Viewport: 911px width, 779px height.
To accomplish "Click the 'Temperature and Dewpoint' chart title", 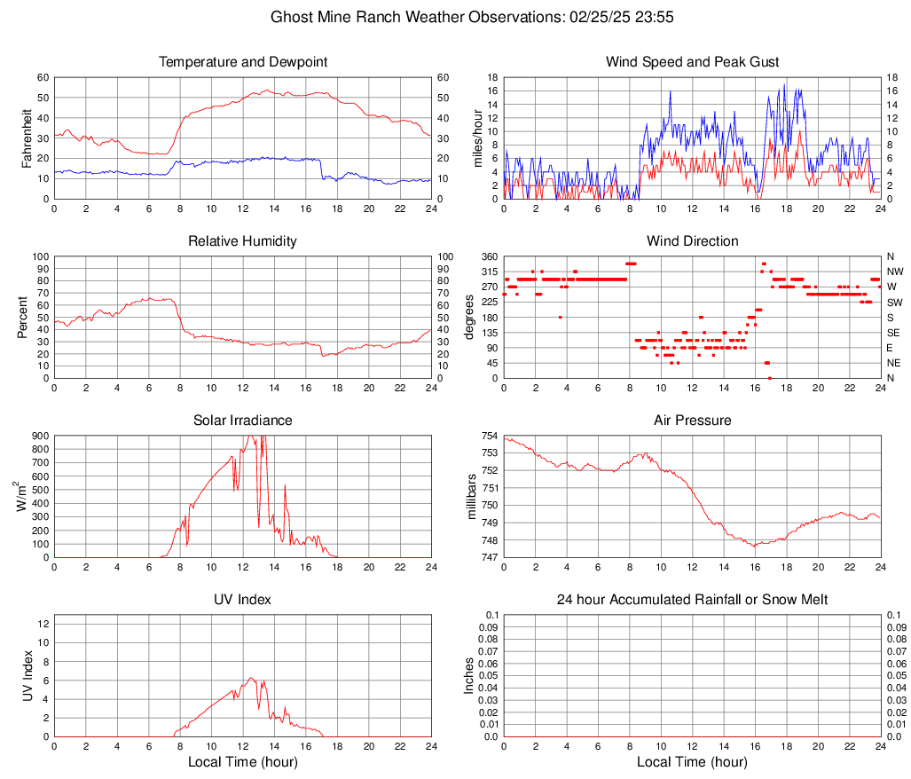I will (243, 62).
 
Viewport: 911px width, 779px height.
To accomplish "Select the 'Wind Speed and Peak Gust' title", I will (692, 62).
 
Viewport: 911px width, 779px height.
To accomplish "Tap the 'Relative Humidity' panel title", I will (243, 241).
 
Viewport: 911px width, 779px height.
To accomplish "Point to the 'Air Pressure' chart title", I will (692, 421).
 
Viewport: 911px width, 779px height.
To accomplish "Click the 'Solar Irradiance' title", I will (243, 421).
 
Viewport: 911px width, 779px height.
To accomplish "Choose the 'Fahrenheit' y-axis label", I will (27, 138).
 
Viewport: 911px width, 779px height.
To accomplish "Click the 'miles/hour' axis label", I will (478, 138).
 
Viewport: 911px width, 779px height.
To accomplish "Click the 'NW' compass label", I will (895, 271).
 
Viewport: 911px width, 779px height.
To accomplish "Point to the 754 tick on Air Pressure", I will (490, 437).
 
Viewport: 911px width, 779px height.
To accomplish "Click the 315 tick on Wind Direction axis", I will (490, 271).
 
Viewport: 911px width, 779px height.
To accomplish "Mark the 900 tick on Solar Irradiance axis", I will (40, 437).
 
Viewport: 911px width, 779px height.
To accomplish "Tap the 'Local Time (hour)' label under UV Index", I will (243, 762).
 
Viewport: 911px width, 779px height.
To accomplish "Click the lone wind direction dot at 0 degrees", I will (769, 378).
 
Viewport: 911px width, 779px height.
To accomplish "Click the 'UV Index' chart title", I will (243, 600).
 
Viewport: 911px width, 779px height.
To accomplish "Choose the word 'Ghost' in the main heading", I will (290, 17).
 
